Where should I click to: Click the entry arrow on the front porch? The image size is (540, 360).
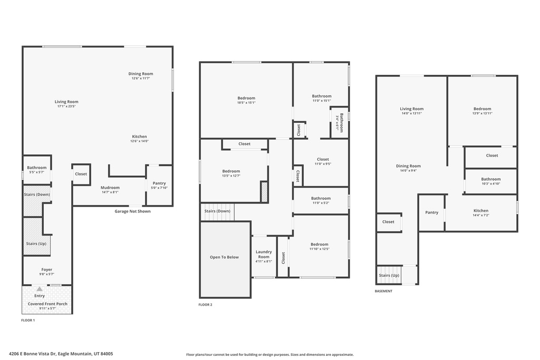39,289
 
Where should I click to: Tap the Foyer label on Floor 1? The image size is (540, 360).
47,270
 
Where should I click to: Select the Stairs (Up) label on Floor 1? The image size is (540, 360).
36,244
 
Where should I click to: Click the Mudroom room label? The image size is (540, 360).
110,188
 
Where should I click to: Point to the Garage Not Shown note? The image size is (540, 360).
132,211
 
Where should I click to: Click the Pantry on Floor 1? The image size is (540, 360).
159,185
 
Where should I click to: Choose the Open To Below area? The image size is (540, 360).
225,259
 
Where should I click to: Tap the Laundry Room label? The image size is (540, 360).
264,255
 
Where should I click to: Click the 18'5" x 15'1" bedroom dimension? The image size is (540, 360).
246,103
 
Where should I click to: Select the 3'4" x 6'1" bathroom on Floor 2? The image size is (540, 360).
340,122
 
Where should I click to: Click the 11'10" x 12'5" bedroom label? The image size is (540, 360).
319,247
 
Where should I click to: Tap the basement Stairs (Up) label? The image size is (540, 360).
389,275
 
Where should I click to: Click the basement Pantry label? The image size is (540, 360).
431,212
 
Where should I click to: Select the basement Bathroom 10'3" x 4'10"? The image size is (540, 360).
491,181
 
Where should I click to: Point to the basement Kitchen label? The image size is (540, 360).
481,211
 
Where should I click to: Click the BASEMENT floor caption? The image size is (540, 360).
383,291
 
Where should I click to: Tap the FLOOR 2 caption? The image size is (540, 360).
205,305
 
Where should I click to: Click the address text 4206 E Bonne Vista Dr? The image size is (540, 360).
32,354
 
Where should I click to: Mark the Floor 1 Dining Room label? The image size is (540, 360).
140,74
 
